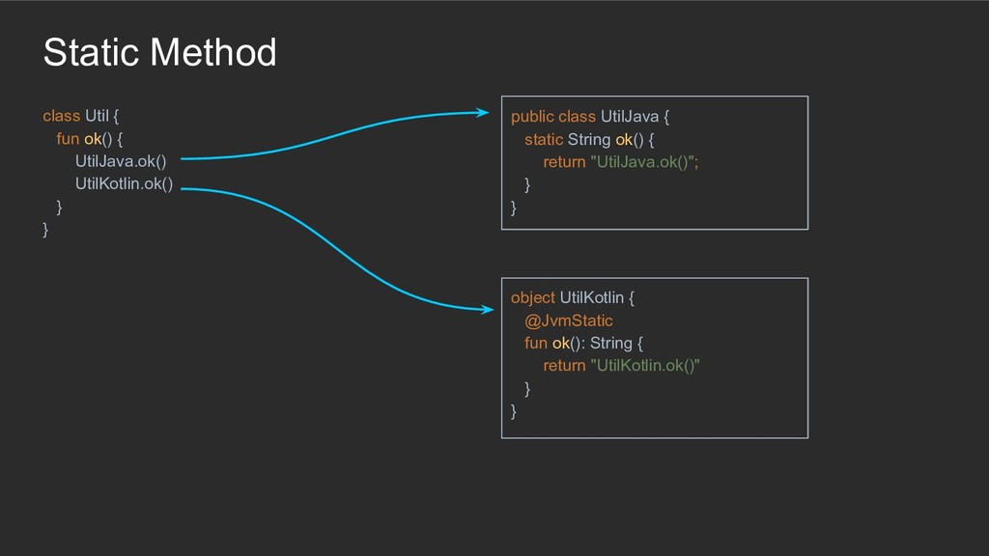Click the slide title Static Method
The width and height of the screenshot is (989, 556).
click(159, 52)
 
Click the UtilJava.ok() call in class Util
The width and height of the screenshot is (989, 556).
click(121, 161)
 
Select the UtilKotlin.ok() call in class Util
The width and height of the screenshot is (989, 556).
click(124, 184)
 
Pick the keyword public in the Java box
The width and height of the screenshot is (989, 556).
click(532, 117)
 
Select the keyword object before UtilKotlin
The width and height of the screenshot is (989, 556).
click(532, 297)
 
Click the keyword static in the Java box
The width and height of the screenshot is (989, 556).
click(543, 139)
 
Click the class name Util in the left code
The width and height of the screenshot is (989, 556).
click(98, 116)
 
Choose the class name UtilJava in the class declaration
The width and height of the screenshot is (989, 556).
click(629, 117)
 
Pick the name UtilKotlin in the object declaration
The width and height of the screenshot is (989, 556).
click(591, 297)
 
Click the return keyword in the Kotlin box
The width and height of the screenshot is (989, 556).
click(564, 366)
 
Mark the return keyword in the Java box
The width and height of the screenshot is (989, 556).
click(564, 162)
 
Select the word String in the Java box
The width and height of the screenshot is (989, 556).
click(589, 139)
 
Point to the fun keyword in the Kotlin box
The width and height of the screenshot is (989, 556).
click(536, 343)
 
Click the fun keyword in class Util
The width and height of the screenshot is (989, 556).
click(68, 139)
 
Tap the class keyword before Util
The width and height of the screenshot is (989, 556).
click(61, 116)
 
